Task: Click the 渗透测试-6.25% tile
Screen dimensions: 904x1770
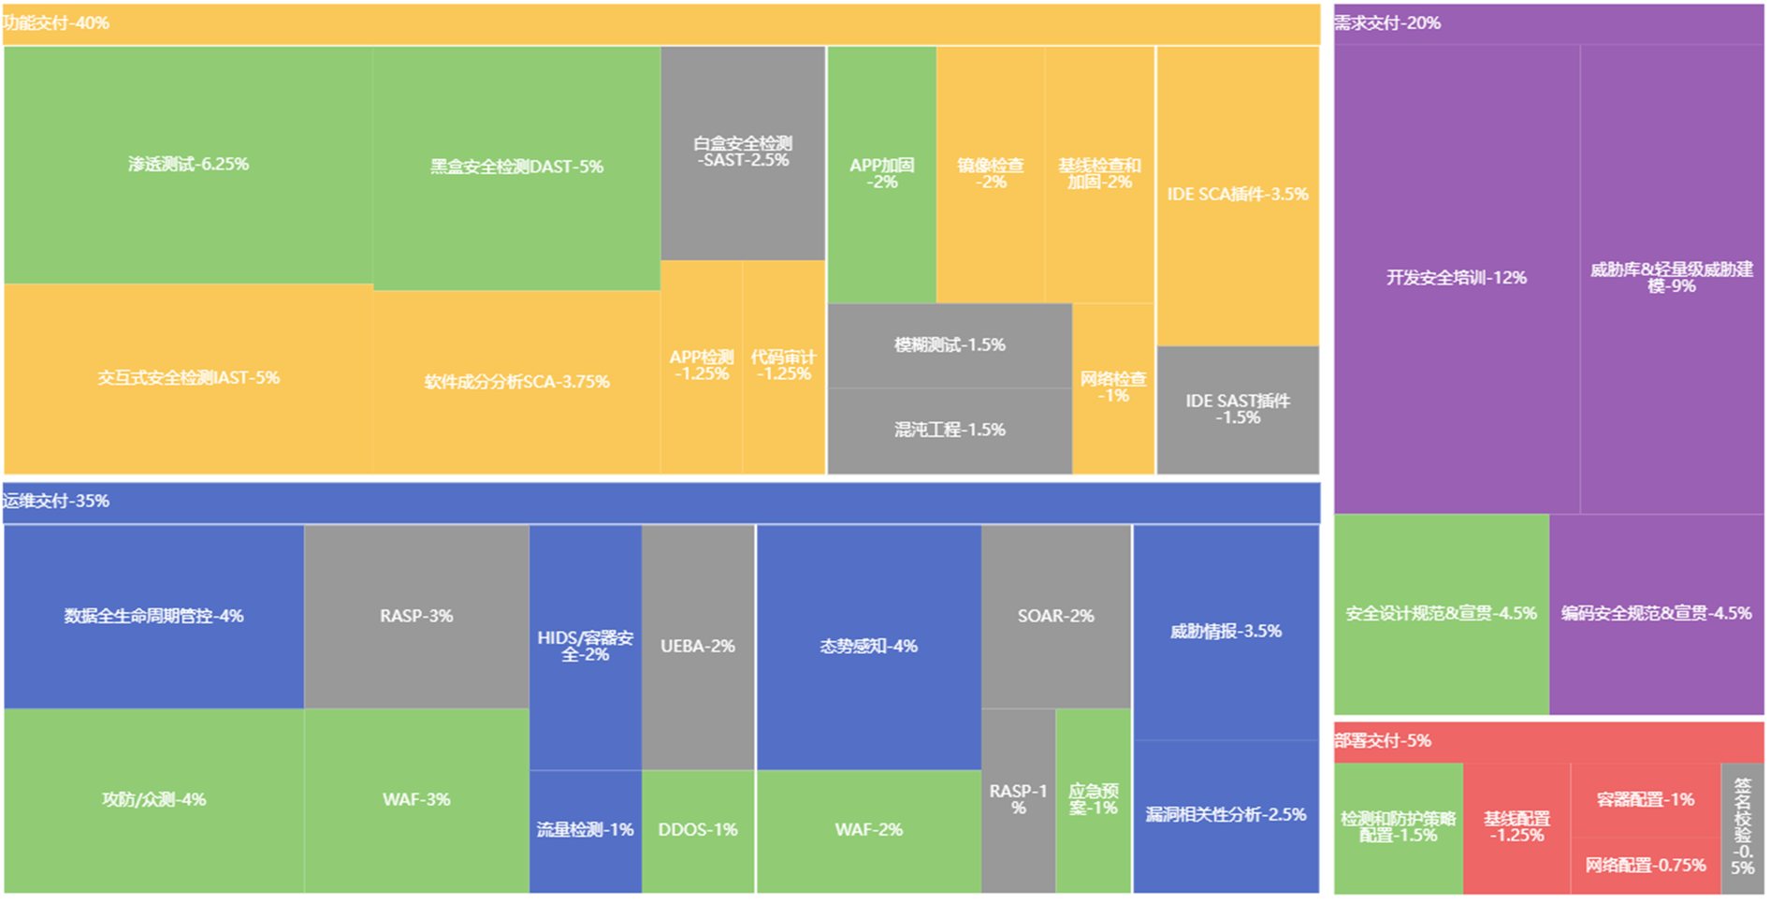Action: coord(188,165)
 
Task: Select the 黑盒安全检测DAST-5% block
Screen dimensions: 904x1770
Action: coord(516,168)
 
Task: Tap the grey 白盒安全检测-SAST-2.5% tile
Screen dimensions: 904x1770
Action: coord(743,153)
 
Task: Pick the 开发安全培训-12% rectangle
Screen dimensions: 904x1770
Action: coord(1456,278)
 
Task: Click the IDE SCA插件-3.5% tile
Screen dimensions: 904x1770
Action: coord(1238,195)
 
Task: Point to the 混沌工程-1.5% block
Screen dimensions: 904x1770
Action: coord(950,430)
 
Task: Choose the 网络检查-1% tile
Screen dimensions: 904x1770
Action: coord(1113,387)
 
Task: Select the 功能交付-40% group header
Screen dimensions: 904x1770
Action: coord(56,23)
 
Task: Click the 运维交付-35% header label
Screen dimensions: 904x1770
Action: coord(56,502)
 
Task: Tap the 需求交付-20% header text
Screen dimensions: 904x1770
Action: coord(1387,23)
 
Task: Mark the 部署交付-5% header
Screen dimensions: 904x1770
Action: coord(1383,741)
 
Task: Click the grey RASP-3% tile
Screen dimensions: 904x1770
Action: coord(416,616)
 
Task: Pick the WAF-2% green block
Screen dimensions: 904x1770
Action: coord(868,830)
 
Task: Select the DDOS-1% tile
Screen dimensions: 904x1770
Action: coord(698,830)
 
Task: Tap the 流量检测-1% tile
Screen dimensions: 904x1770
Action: coord(585,830)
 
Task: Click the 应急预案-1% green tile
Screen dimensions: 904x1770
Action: coord(1093,800)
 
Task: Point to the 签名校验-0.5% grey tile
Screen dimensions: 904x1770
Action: coord(1742,827)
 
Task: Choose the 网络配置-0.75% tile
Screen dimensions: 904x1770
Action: coord(1645,866)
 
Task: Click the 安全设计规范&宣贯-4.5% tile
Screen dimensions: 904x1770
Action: coord(1441,614)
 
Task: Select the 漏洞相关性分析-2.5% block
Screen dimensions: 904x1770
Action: coord(1226,815)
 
